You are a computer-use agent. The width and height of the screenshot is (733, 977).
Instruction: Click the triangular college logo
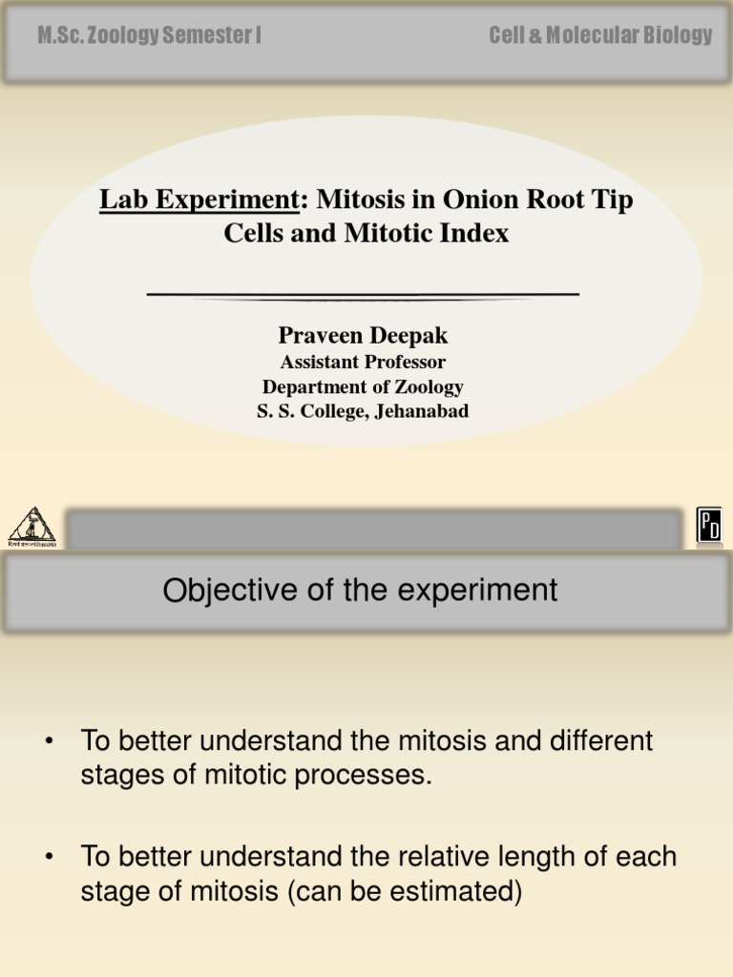(32, 526)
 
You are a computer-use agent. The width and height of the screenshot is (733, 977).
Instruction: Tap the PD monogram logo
(709, 526)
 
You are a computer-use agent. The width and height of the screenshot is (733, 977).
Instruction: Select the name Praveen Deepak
(363, 336)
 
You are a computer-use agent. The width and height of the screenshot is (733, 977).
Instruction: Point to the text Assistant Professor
(363, 363)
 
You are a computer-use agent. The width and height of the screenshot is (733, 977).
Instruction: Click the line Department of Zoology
(363, 387)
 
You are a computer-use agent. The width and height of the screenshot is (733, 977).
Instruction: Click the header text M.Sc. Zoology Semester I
(149, 36)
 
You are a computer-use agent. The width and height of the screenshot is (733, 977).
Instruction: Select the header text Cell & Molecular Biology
(600, 36)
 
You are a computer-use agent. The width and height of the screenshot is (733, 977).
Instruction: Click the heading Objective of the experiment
(360, 591)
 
